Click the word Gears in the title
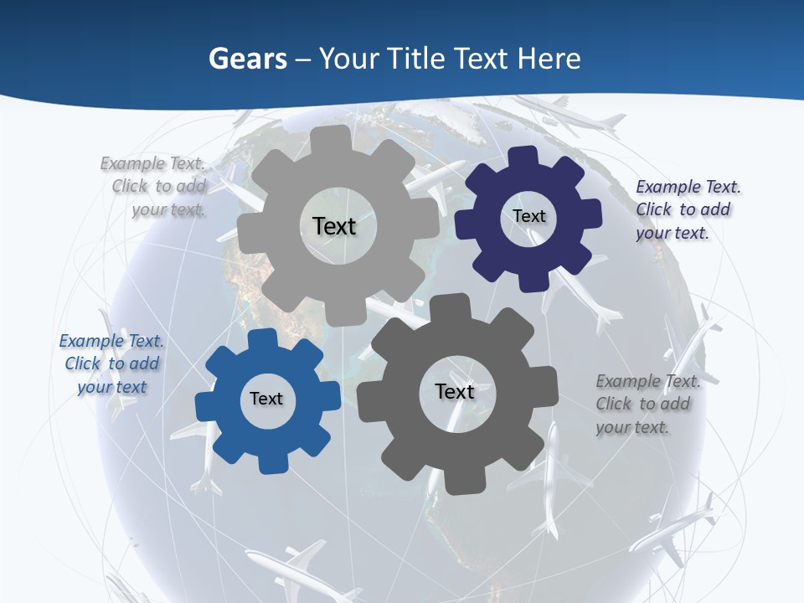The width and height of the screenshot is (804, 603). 248,59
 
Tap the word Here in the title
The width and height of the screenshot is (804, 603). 549,59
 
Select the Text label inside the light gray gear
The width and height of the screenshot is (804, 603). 334,226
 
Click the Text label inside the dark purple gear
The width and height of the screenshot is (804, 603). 528,216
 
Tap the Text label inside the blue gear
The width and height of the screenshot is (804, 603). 266,399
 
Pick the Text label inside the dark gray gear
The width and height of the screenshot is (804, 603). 455,391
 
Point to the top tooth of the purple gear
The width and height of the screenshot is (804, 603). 523,158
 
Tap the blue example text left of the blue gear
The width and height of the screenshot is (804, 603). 111,363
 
